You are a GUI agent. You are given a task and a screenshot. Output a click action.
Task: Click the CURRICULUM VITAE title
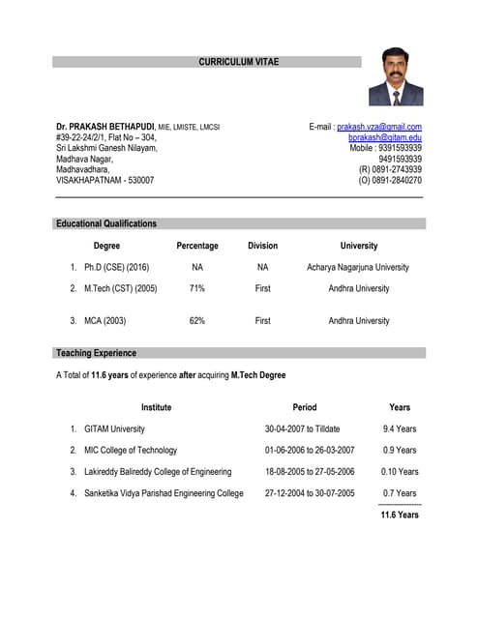click(x=238, y=62)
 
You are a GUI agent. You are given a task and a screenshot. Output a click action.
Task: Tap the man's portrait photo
click(x=395, y=76)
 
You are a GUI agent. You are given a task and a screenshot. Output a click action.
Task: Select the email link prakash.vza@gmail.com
click(x=378, y=127)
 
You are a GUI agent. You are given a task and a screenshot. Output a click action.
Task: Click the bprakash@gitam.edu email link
click(x=384, y=139)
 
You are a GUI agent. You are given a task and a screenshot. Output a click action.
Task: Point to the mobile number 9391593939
click(x=400, y=148)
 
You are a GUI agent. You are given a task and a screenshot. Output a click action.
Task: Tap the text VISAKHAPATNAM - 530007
click(x=105, y=180)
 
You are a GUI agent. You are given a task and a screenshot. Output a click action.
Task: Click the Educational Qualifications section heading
click(x=106, y=223)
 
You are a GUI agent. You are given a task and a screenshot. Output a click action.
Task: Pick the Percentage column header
click(x=197, y=246)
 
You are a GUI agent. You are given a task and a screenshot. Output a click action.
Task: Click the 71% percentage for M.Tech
click(x=197, y=288)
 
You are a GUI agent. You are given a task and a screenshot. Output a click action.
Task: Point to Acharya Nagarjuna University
click(x=358, y=267)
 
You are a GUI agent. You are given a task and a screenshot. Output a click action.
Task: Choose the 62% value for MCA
click(x=197, y=320)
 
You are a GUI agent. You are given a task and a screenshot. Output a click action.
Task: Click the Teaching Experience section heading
click(x=96, y=353)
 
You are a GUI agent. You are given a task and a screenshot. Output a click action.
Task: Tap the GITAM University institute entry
click(x=114, y=428)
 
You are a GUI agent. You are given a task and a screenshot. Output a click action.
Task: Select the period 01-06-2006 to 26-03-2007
click(x=310, y=450)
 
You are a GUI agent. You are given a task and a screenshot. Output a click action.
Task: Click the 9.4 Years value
click(x=400, y=428)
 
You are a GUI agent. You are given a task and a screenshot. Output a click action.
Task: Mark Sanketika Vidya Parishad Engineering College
click(x=164, y=493)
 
